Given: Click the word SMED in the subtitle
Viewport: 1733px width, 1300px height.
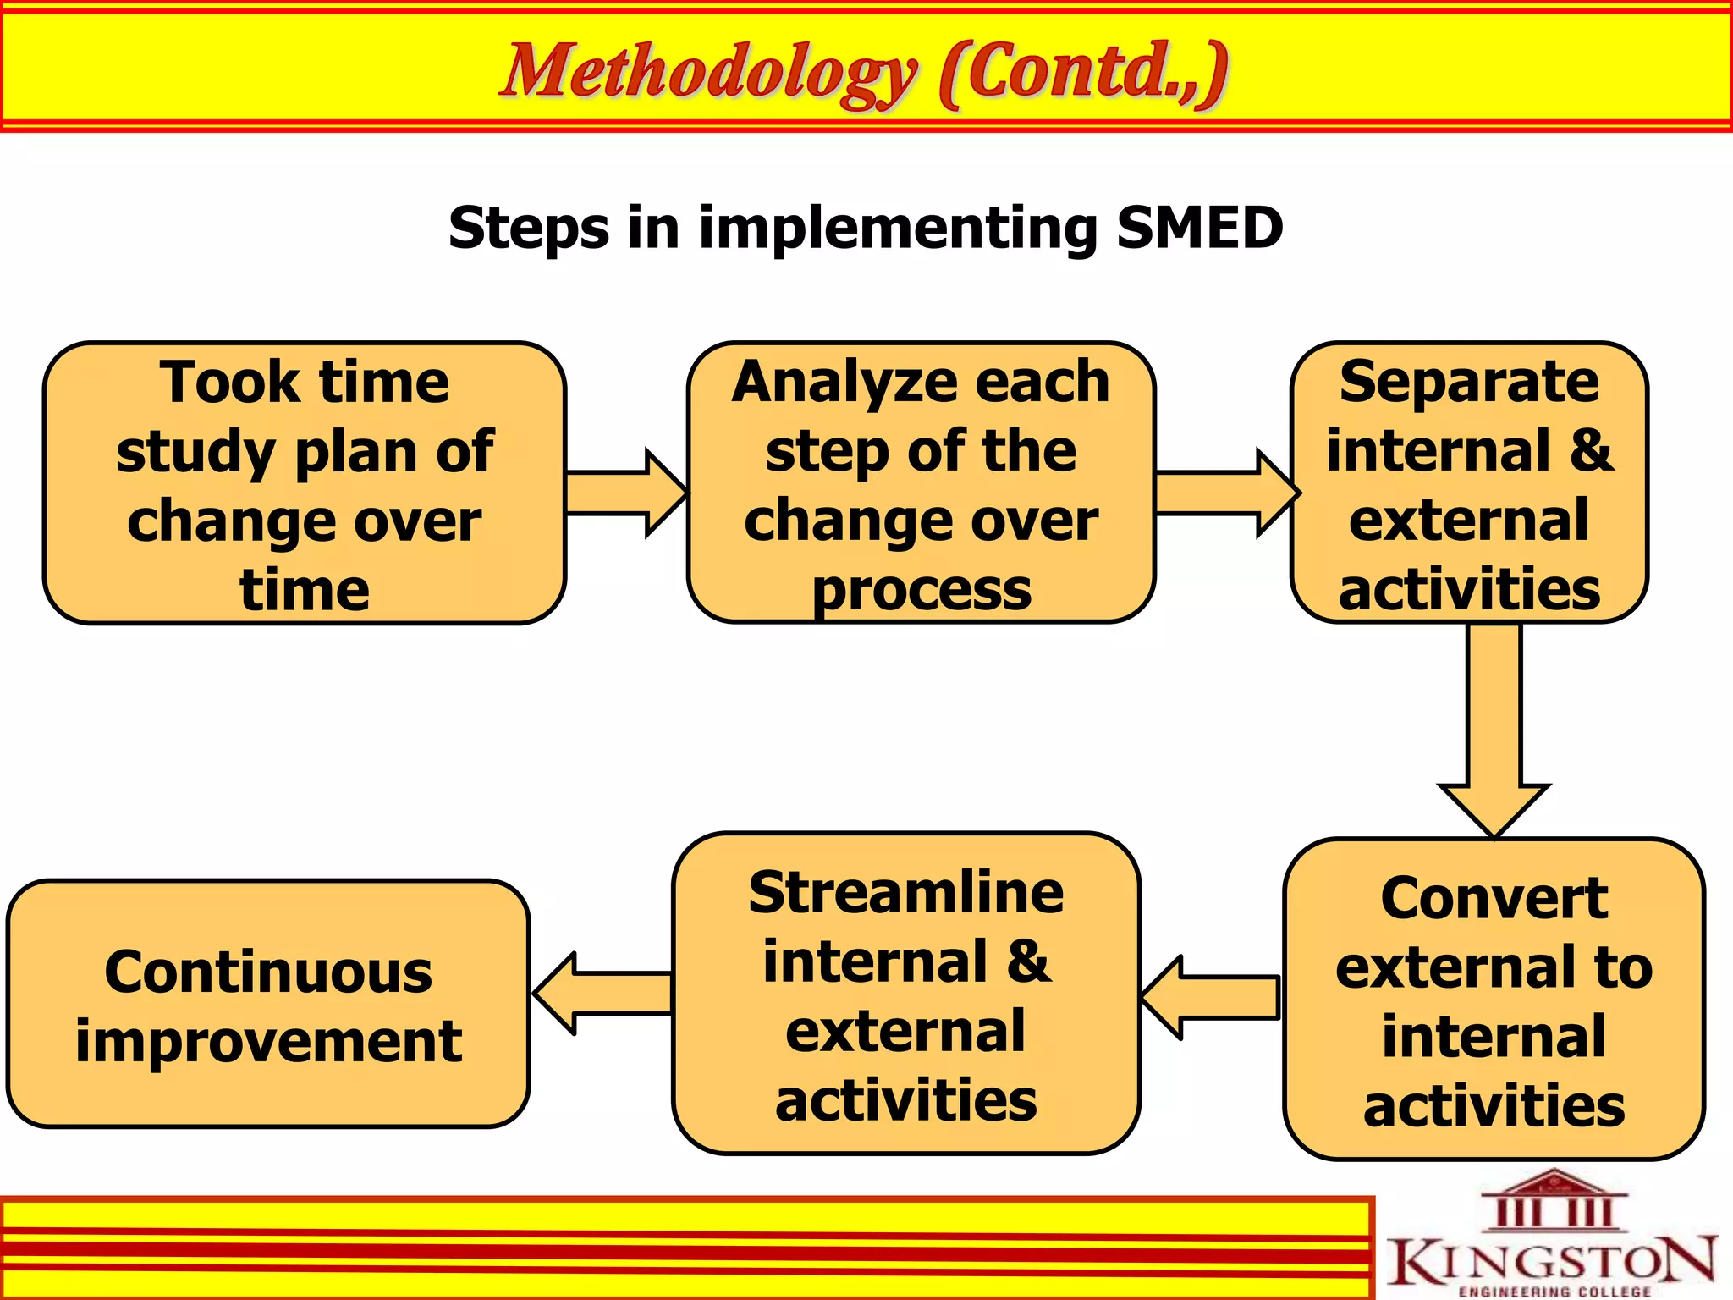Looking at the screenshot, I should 1199,229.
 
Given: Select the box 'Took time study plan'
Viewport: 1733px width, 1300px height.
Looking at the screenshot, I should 305,483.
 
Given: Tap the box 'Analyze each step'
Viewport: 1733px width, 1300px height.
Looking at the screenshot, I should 921,483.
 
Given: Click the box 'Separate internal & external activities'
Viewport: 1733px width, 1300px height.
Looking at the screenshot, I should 1469,483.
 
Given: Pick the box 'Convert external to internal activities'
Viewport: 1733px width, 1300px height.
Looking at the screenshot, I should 1494,1000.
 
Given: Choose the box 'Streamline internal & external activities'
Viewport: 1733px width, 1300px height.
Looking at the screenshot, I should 906,994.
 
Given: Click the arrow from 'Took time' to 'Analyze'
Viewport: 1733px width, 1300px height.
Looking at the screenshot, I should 626,493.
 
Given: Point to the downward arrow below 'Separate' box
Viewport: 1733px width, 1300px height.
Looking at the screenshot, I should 1494,728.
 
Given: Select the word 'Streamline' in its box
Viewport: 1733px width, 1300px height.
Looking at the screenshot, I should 906,894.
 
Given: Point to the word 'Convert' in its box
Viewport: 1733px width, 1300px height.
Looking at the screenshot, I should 1494,899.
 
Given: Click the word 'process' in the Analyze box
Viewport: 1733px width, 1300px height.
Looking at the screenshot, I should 922,591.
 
